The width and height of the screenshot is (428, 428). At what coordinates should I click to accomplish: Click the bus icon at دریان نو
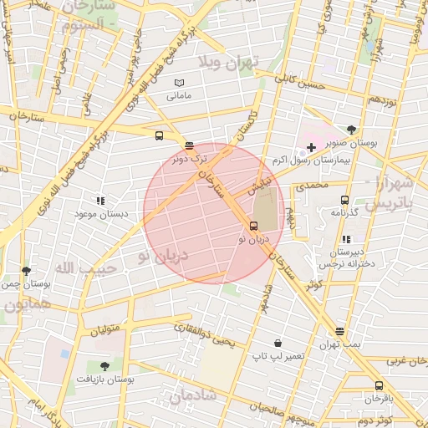click(254, 226)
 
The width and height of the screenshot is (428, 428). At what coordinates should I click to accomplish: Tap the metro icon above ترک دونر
click(189, 145)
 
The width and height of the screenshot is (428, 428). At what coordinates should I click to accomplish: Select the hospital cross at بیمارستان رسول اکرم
click(311, 147)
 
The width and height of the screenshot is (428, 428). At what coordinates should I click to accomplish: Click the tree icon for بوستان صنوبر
click(352, 130)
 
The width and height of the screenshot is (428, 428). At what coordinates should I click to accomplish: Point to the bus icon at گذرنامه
click(344, 200)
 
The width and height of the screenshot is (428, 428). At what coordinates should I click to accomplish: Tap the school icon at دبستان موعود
click(100, 201)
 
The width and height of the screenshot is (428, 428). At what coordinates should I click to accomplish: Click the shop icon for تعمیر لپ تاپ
click(278, 343)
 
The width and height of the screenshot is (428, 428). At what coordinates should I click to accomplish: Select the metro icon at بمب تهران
click(339, 331)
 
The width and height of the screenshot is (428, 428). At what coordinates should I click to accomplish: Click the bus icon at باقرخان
click(379, 385)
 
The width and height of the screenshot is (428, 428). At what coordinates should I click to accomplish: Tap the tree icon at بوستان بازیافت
click(104, 366)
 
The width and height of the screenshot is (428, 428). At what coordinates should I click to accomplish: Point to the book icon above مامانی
click(178, 83)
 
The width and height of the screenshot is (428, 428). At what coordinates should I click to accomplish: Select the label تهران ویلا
click(230, 62)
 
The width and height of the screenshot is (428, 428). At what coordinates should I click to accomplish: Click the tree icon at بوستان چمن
click(27, 271)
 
